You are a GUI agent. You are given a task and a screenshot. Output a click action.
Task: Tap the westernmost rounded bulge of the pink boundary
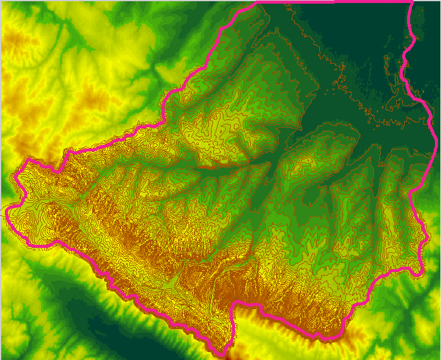tap(8, 213)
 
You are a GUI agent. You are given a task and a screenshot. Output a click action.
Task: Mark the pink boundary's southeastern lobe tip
tap(420, 273)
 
